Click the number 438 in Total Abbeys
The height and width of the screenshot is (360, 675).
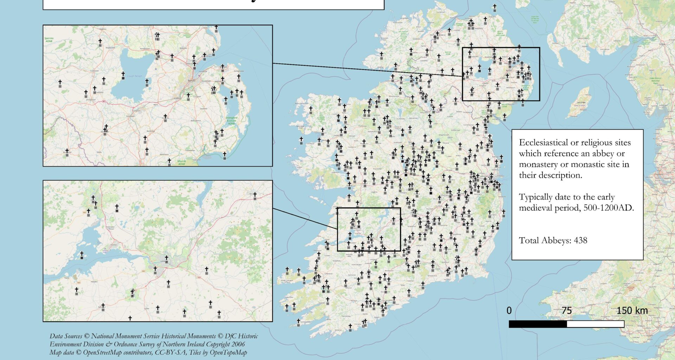(580, 240)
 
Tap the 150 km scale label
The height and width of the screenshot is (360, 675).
(632, 311)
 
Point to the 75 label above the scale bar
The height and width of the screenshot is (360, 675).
(566, 311)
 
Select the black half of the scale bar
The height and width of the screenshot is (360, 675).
(538, 324)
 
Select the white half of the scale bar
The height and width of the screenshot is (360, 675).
(595, 324)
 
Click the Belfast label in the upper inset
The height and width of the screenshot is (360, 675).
(192, 81)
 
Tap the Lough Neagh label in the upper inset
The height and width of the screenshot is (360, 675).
(135, 76)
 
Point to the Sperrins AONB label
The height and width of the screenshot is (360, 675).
(49, 40)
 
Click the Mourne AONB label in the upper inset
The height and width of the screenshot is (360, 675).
(181, 162)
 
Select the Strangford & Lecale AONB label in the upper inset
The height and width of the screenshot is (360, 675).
(231, 121)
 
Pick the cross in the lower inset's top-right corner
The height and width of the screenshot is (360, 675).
(255, 195)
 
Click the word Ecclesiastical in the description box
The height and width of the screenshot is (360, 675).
(543, 143)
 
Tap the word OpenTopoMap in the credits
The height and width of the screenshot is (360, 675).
(228, 352)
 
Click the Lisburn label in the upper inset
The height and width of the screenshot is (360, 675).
(178, 98)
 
